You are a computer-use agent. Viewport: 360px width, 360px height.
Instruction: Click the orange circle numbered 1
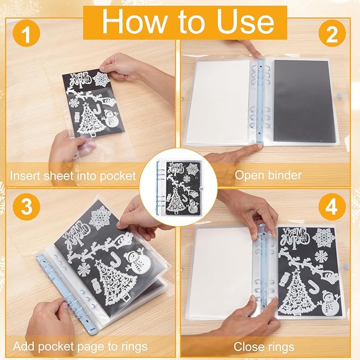tap(27, 33)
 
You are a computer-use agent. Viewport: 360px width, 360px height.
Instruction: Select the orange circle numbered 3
tap(27, 207)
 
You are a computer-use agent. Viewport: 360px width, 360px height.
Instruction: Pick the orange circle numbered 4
tap(332, 207)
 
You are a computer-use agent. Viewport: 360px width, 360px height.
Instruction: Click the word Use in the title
tap(246, 22)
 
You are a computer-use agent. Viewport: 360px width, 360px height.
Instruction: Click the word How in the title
tap(134, 22)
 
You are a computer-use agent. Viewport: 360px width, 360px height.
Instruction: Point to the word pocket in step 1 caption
tap(118, 177)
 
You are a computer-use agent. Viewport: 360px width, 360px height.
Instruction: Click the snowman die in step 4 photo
tap(330, 303)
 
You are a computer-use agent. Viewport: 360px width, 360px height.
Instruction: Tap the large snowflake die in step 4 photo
tap(323, 238)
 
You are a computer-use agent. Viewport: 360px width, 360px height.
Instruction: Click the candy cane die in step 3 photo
tap(114, 259)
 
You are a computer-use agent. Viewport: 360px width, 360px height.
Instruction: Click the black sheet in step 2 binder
tap(305, 101)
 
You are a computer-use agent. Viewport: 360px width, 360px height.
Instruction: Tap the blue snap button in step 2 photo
tap(339, 95)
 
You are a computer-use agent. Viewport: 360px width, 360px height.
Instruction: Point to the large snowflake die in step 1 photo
tap(101, 79)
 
